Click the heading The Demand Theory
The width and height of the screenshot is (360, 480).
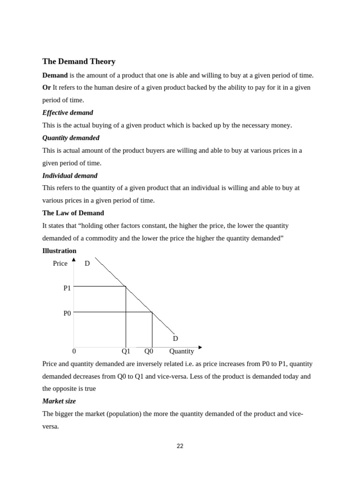[x=79, y=61]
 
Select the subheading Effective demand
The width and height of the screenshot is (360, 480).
[x=67, y=112]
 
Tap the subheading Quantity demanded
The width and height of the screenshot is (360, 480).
[x=71, y=138]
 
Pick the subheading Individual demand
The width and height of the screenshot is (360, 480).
[x=70, y=175]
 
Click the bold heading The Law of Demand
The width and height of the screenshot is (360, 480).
[x=73, y=213]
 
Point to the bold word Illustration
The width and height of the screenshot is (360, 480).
[x=59, y=250]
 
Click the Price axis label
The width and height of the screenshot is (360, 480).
[x=60, y=263]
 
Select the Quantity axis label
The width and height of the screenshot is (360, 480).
[x=181, y=351]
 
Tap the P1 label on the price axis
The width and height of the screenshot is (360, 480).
[x=67, y=288]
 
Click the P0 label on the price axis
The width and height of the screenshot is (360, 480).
[x=67, y=313]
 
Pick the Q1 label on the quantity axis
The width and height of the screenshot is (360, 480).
[x=126, y=351]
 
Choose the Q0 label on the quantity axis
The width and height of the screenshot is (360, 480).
[x=149, y=351]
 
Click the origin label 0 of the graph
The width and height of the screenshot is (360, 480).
[x=74, y=351]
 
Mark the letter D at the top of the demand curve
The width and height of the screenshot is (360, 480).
[x=87, y=263]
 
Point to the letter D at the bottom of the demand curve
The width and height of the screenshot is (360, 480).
[x=175, y=338]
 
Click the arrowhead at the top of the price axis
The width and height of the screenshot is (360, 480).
[x=74, y=259]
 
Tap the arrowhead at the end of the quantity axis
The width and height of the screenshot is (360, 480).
[x=200, y=347]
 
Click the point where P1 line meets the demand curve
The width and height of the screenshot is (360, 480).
[x=126, y=286]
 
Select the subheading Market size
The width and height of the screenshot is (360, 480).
[x=59, y=401]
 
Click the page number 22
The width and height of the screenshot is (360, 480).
[x=180, y=446]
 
